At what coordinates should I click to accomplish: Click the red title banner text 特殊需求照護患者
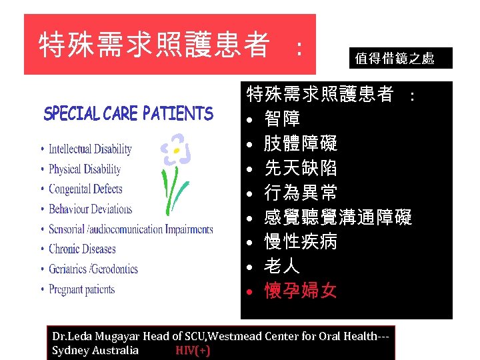pyautogui.click(x=154, y=45)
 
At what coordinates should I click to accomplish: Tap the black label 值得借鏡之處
pyautogui.click(x=395, y=59)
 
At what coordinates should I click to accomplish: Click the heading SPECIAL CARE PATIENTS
pyautogui.click(x=128, y=114)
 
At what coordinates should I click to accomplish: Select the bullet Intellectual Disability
pyautogui.click(x=90, y=149)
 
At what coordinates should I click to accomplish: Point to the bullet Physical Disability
pyautogui.click(x=85, y=169)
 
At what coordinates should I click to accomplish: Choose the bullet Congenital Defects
pyautogui.click(x=85, y=189)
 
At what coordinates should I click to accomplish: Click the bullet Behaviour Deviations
pyautogui.click(x=91, y=209)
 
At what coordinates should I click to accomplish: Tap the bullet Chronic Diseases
pyautogui.click(x=82, y=249)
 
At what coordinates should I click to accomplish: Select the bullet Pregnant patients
pyautogui.click(x=81, y=289)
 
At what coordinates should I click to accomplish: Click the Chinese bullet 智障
pyautogui.click(x=282, y=119)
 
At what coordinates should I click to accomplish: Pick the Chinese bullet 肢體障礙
pyautogui.click(x=301, y=143)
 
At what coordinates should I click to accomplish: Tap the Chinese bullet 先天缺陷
pyautogui.click(x=301, y=168)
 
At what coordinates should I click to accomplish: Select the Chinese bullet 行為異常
pyautogui.click(x=301, y=193)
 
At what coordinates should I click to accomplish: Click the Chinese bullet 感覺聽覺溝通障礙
pyautogui.click(x=338, y=217)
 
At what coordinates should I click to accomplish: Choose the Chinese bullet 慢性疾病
pyautogui.click(x=301, y=242)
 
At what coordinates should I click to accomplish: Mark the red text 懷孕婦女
pyautogui.click(x=301, y=291)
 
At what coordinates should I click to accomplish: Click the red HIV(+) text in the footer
pyautogui.click(x=193, y=351)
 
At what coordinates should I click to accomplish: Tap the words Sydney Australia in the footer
pyautogui.click(x=95, y=351)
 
